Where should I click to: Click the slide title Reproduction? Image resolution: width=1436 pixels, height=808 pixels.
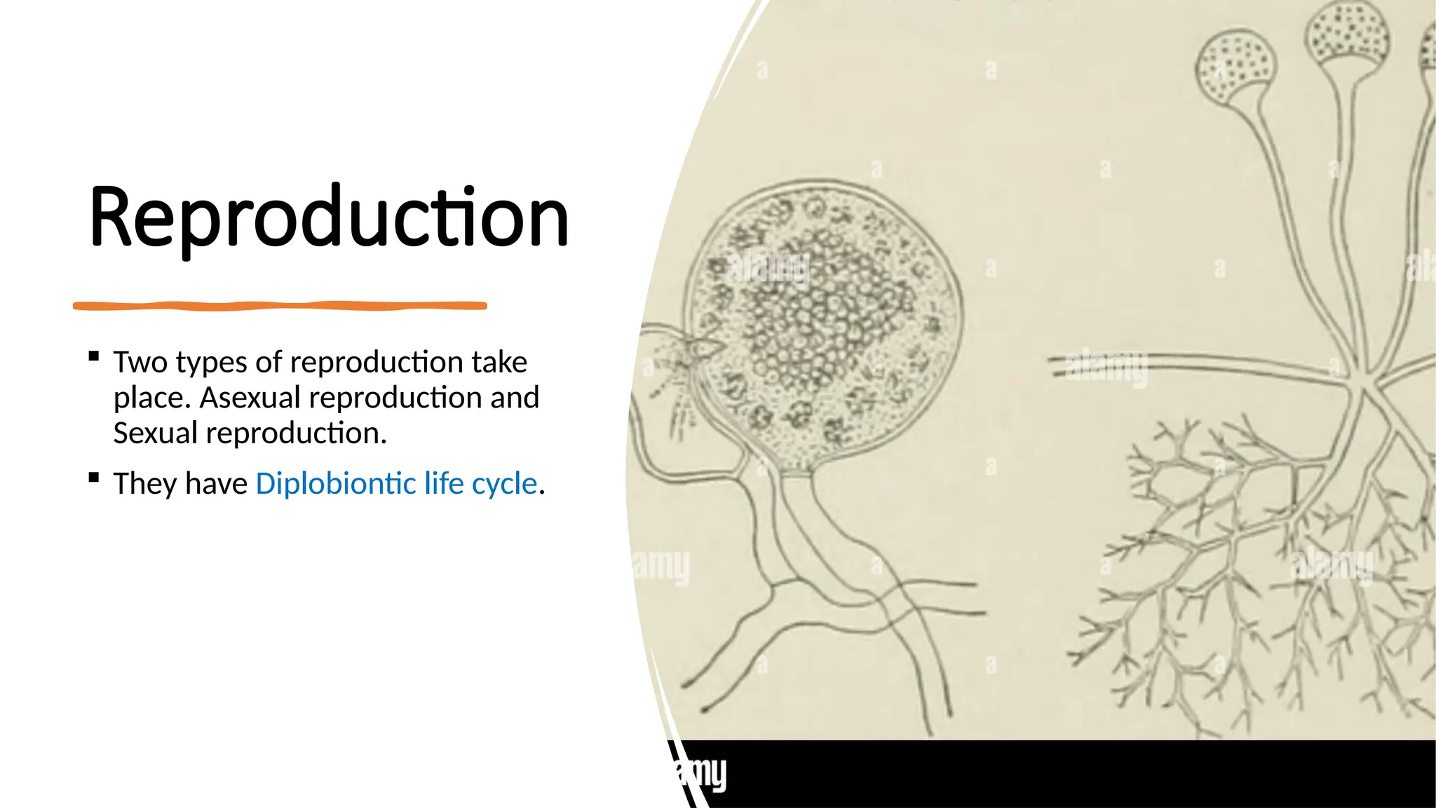(328, 217)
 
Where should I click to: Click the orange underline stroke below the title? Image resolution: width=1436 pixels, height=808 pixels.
(280, 306)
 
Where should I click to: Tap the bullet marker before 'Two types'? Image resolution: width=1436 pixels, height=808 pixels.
(94, 356)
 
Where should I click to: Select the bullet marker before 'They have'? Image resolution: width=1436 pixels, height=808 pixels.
(94, 478)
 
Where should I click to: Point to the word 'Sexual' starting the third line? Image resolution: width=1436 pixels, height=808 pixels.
(156, 433)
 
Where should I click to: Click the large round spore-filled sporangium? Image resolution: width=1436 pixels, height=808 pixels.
(827, 330)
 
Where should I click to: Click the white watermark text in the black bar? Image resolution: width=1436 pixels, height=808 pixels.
(701, 774)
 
